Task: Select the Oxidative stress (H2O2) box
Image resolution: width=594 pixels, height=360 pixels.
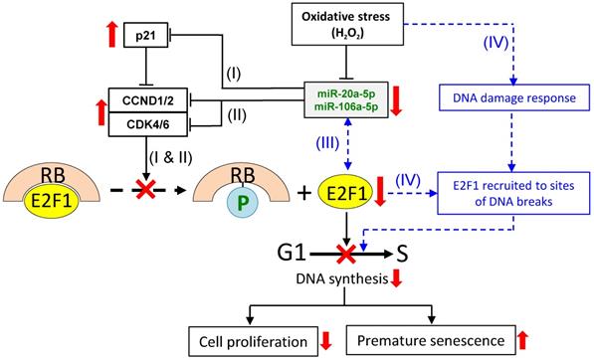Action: [x=347, y=24]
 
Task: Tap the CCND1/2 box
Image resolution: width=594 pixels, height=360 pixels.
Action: [x=148, y=100]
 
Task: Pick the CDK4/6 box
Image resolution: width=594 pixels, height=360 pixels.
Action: [x=148, y=124]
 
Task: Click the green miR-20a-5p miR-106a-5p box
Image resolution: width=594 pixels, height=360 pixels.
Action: [x=346, y=99]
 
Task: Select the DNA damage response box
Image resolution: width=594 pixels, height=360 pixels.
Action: [x=514, y=97]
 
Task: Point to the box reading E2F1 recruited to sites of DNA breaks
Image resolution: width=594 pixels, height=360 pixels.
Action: [x=513, y=193]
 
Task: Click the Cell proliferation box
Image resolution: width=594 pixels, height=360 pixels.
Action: [x=253, y=342]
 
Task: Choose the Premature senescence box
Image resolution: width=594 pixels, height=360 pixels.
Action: [x=431, y=340]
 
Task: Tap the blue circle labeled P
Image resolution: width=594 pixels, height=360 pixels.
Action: [x=243, y=203]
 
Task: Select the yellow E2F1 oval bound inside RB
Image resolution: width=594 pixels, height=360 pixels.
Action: [x=52, y=201]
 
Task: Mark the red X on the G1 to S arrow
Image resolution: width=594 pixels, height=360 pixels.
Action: [x=346, y=254]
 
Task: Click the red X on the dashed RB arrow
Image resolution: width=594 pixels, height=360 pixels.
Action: [x=146, y=189]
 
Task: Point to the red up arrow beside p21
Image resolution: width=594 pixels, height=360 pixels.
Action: [x=111, y=35]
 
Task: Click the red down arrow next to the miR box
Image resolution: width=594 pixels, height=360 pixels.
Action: [x=396, y=100]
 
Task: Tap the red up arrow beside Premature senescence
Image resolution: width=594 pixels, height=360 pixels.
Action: [x=522, y=340]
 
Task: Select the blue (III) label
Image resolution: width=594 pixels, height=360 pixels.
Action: [x=327, y=143]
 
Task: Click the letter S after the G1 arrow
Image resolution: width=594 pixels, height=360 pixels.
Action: [x=402, y=255]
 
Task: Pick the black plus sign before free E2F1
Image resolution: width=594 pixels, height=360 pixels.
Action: [x=304, y=194]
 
